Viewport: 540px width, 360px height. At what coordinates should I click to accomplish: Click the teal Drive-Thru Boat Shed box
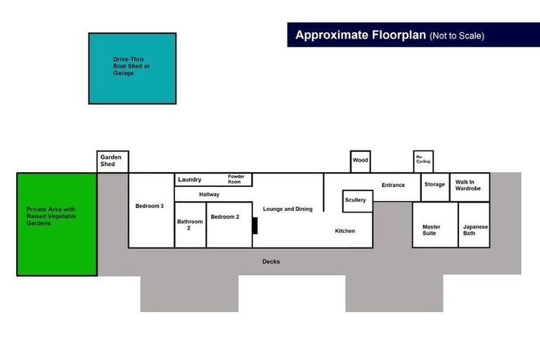point(132,68)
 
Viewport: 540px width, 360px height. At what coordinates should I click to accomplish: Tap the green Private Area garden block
point(57,224)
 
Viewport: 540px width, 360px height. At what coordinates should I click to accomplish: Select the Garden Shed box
point(112,161)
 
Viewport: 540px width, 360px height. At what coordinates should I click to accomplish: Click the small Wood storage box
point(360,161)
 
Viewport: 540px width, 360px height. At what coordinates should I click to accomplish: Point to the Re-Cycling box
point(423,161)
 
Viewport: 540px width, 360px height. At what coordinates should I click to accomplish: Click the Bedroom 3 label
point(150,206)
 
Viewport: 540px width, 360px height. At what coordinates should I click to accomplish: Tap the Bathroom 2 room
point(190,225)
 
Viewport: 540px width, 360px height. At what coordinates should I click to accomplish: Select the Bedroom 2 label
point(225,217)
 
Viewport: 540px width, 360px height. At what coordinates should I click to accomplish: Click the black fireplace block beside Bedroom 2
point(255,226)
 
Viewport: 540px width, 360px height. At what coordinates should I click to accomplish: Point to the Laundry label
point(190,180)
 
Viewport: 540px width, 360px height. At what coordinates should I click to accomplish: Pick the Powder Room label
point(236,179)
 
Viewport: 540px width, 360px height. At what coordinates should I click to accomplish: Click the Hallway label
point(210,195)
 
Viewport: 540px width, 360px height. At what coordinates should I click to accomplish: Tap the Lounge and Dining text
point(288,209)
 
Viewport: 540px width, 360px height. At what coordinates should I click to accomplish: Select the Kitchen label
point(345,231)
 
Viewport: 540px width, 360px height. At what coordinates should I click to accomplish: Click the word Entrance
point(393,186)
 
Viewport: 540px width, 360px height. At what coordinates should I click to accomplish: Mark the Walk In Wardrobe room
point(468,186)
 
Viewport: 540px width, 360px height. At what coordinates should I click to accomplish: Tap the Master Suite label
point(432,230)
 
